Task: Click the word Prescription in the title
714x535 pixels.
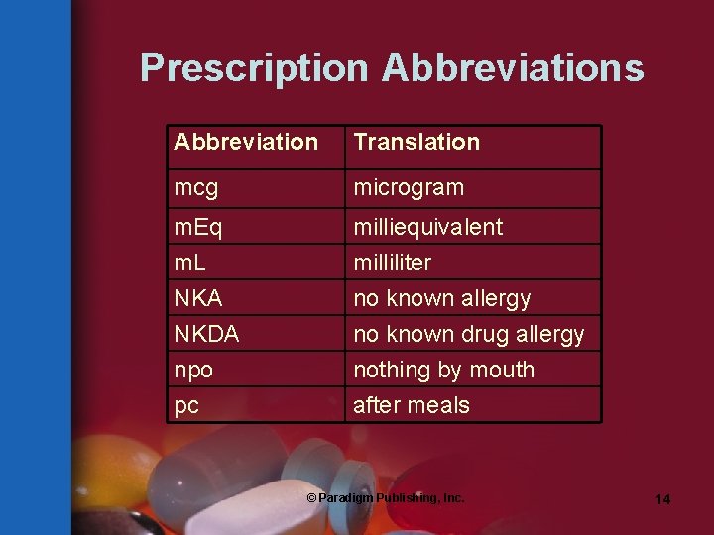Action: pos(254,68)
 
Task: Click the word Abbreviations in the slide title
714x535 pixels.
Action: pos(513,68)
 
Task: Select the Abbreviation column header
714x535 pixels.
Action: pos(246,142)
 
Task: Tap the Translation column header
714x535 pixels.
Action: pos(416,142)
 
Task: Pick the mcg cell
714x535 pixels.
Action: pos(194,187)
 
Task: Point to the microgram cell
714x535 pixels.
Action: pos(409,187)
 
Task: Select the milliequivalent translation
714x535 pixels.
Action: pos(427,227)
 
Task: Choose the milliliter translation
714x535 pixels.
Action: pos(392,263)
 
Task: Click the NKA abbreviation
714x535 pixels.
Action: pos(198,298)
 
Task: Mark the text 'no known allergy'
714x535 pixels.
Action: pos(441,298)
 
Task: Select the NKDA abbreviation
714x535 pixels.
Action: pos(206,334)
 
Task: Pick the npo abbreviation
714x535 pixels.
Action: pos(193,370)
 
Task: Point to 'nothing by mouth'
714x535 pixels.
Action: pos(443,370)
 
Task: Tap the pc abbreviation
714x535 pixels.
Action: pos(186,405)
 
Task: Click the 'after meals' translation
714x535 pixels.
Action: pos(412,405)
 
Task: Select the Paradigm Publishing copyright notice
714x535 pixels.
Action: pos(385,498)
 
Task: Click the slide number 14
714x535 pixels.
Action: pos(662,499)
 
